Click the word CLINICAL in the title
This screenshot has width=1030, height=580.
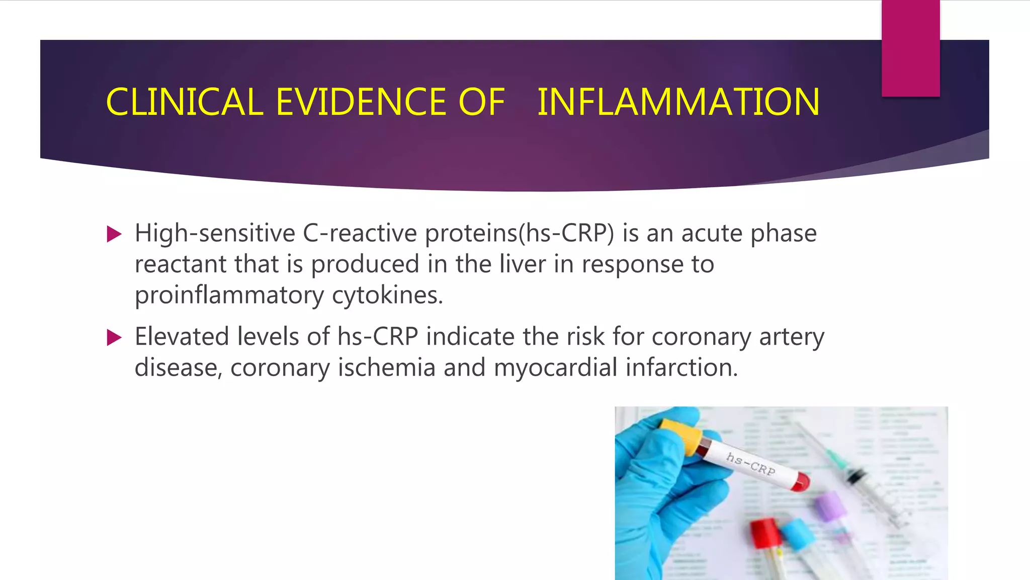point(185,102)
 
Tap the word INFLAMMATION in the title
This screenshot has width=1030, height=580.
point(678,102)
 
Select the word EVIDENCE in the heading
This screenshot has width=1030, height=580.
point(361,102)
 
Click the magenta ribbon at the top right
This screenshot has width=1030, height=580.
point(910,48)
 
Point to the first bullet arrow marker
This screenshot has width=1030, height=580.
point(115,234)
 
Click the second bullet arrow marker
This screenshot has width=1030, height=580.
point(115,338)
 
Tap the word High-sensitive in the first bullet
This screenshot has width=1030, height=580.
point(215,233)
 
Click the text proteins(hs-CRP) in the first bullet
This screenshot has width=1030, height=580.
point(520,233)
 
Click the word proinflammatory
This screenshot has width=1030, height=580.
point(229,295)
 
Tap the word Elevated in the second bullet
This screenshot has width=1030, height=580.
point(182,336)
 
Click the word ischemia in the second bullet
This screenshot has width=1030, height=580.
point(386,368)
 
